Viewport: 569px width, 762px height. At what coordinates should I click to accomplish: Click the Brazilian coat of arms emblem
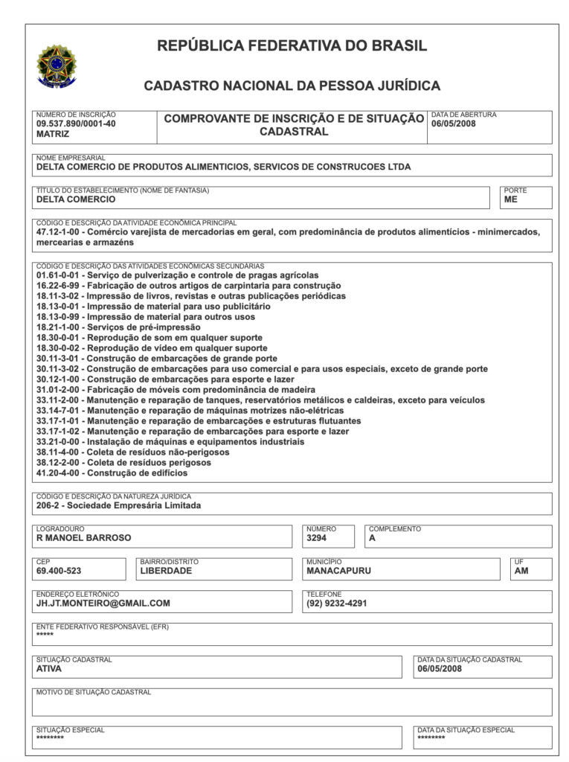point(57,65)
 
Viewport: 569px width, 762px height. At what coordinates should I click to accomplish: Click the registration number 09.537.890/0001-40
point(76,124)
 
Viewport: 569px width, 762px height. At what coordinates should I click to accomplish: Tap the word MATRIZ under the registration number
point(53,135)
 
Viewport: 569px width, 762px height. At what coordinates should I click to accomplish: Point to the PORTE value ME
point(510,199)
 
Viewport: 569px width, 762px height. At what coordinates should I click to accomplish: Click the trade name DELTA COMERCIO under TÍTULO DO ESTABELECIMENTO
point(76,199)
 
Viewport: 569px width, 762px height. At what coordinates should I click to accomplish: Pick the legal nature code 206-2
point(50,505)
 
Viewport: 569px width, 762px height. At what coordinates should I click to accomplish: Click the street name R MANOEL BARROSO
point(83,537)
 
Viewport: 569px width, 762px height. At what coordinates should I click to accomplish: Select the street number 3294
point(316,537)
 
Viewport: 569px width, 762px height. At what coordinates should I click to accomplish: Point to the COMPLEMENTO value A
point(373,537)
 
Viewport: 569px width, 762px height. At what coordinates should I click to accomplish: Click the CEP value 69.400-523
point(59,571)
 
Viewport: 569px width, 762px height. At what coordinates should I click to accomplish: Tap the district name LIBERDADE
point(166,571)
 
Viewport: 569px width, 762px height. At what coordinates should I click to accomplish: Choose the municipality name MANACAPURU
point(338,571)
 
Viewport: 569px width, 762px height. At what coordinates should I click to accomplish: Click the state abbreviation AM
point(521,571)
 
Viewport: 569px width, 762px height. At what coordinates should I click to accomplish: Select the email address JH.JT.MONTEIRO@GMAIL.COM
point(103,603)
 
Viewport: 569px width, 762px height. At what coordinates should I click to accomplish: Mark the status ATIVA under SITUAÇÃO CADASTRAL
point(49,668)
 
